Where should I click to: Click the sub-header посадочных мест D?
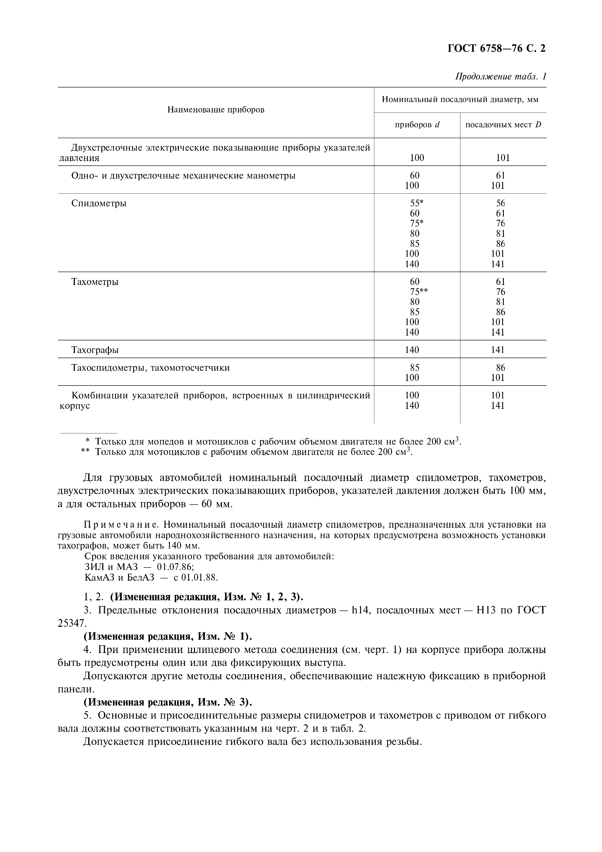tap(503, 125)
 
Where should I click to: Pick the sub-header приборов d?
tap(417, 125)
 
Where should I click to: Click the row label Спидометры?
tap(99, 203)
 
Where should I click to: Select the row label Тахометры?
tap(95, 282)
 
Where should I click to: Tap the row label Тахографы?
tap(95, 350)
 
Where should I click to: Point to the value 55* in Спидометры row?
tap(416, 203)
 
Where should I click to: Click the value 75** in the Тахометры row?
tap(419, 292)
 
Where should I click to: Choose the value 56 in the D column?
tap(500, 203)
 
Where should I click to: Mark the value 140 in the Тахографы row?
tap(412, 350)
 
